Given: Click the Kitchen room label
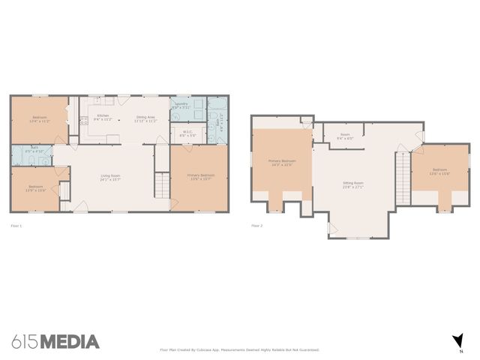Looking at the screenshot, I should [103, 117].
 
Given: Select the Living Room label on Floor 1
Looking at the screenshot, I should [111, 178].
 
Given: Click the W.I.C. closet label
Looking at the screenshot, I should [187, 133].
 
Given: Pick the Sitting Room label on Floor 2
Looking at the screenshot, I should [353, 184].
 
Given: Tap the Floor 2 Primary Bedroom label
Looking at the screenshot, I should [282, 162].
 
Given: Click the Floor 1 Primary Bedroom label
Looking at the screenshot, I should [200, 176].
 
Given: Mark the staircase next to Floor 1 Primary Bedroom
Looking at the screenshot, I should [160, 184].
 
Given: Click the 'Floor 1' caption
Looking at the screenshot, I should [16, 225].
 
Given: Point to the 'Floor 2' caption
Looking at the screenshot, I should [257, 225].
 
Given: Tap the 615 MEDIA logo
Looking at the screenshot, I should [55, 342].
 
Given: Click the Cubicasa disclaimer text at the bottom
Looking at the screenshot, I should [240, 349].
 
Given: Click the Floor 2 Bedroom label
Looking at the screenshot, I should [440, 172].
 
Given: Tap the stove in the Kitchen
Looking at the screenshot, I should [83, 119].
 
